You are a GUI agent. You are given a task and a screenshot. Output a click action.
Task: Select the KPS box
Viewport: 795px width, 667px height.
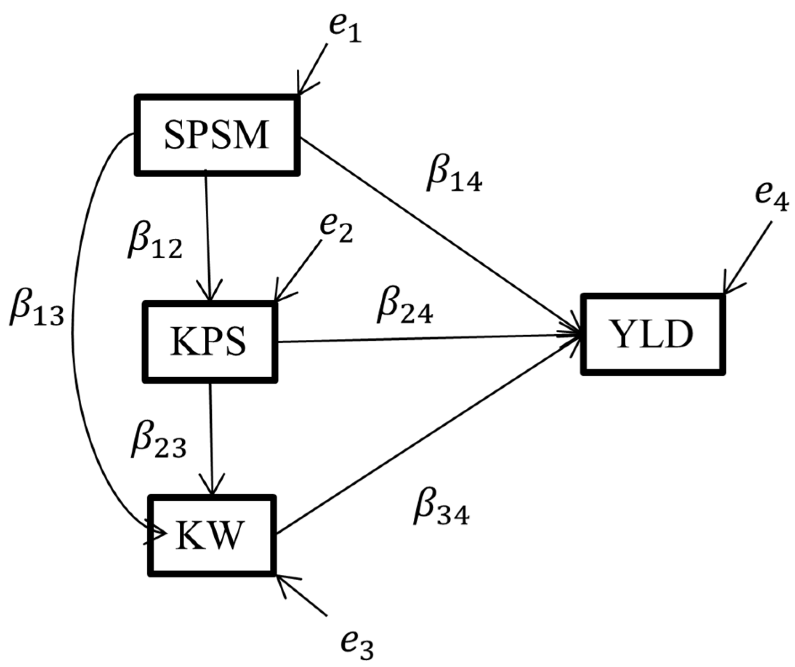pyautogui.click(x=210, y=342)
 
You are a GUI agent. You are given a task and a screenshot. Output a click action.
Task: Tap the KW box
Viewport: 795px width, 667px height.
pyautogui.click(x=210, y=536)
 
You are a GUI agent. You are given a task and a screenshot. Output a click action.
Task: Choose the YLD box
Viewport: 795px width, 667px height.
pyautogui.click(x=652, y=335)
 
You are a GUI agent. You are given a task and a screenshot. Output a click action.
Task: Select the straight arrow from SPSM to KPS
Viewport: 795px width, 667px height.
pyautogui.click(x=207, y=236)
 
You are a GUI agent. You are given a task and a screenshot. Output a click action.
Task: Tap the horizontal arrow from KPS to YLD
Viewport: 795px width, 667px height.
pyautogui.click(x=421, y=339)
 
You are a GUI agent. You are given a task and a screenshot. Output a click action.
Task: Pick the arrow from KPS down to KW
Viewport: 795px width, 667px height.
pyautogui.click(x=211, y=438)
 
